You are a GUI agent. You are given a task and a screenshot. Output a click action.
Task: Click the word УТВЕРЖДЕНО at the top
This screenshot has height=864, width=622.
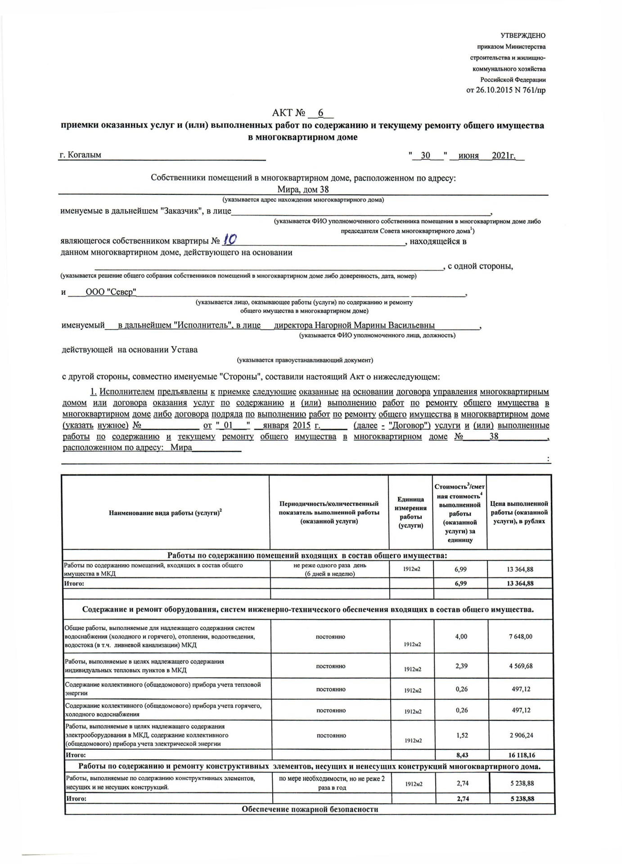coord(523,36)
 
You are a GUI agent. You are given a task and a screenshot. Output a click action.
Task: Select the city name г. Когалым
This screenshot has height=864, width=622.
coord(81,155)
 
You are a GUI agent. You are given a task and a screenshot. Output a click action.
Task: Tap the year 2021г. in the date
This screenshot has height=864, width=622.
coord(503,156)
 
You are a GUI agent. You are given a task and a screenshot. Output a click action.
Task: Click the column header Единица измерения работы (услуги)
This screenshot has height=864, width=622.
coord(410,512)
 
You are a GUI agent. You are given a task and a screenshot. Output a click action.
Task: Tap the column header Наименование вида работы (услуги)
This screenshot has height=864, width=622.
coord(165,513)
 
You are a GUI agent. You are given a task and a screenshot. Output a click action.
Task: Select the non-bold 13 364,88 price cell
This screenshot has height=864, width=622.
coord(520,569)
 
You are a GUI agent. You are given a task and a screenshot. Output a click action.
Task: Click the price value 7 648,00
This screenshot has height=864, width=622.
coord(520,637)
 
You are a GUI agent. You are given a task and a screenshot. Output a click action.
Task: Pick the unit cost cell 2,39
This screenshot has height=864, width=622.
coord(461,666)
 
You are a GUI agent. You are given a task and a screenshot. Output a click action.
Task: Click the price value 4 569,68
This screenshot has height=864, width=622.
coord(520,666)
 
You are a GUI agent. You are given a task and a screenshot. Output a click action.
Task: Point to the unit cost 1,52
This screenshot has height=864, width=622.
coord(461,735)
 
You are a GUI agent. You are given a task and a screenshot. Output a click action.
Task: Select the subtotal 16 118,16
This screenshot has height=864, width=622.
coord(520,755)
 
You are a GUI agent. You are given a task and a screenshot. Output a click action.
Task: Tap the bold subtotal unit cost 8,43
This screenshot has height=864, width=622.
coord(462,755)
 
